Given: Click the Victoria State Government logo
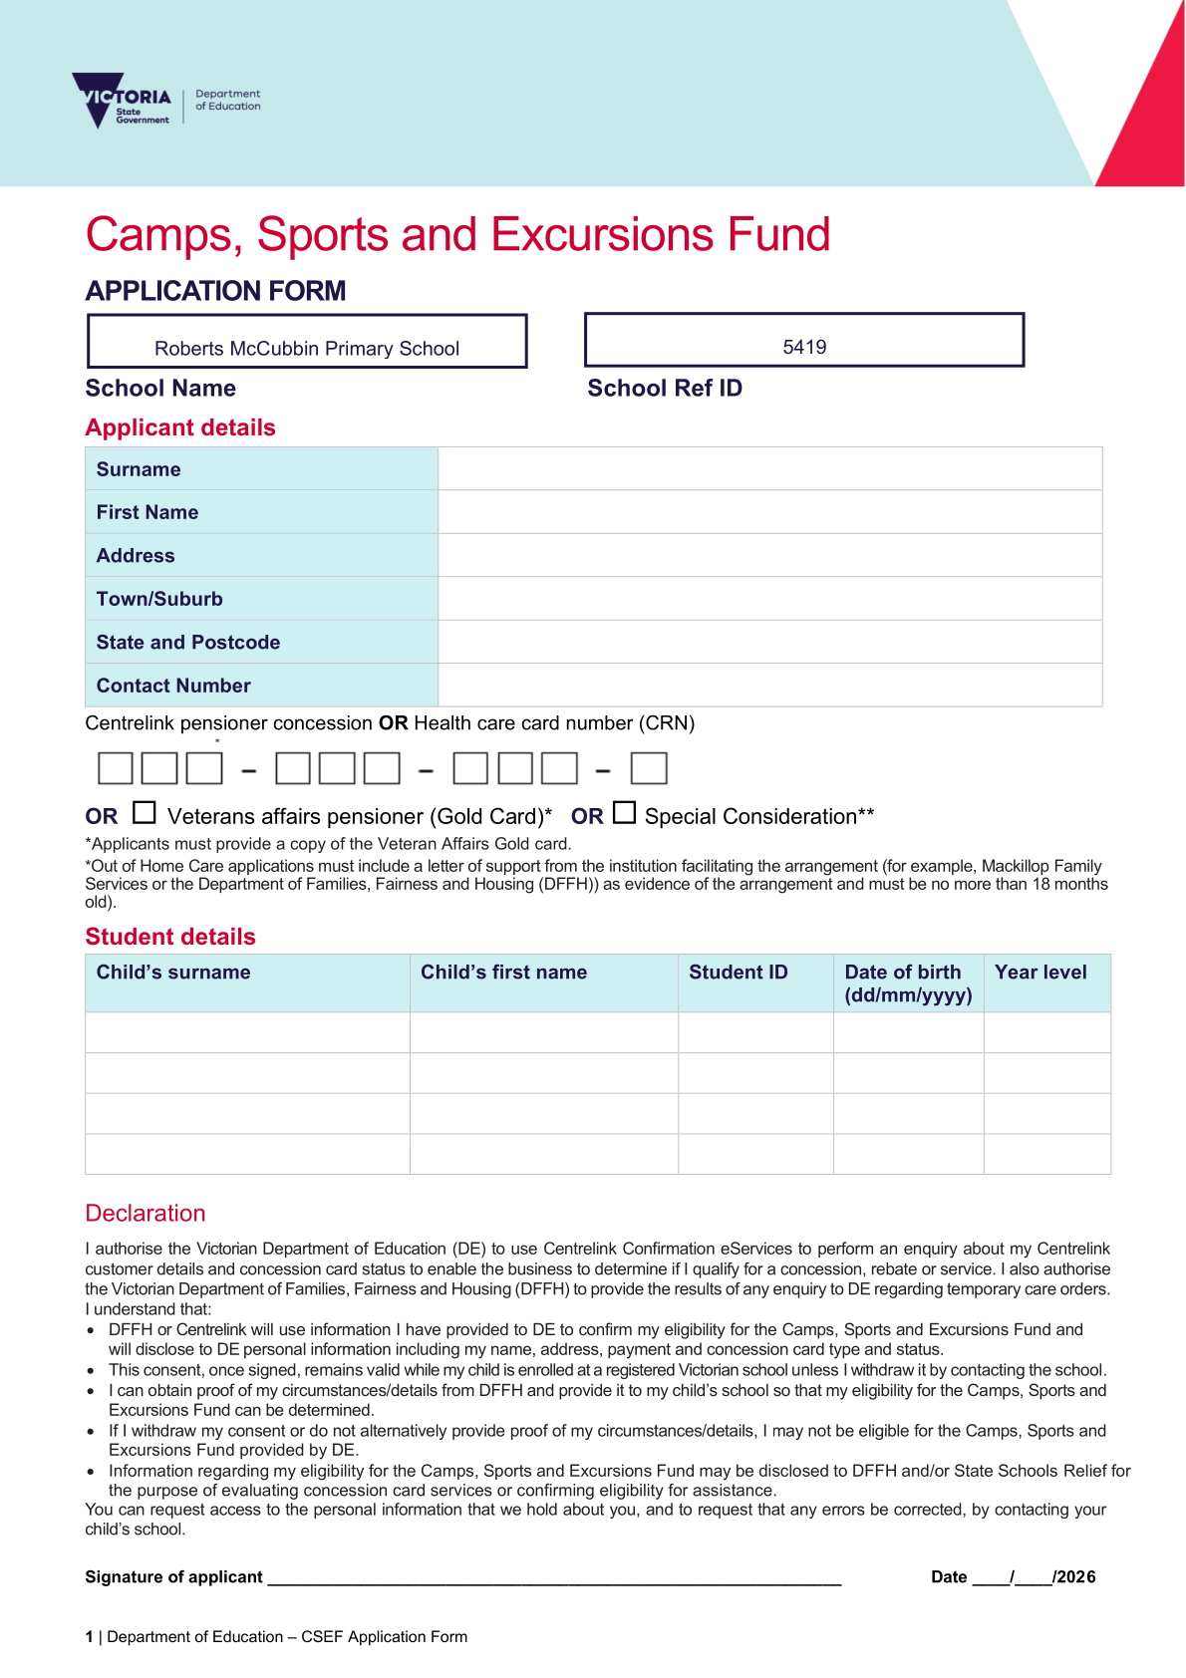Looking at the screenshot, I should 123,100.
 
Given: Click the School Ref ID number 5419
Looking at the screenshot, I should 804,347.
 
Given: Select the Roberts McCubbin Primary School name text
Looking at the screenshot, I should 307,349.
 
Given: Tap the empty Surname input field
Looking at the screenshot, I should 769,469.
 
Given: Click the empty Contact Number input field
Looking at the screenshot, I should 769,686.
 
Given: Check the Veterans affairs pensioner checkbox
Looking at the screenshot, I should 145,813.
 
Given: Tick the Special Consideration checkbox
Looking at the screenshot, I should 625,813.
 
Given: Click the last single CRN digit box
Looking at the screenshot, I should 649,768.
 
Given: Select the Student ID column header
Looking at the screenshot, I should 738,973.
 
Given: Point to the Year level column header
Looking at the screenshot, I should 1040,973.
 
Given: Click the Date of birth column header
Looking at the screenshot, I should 907,982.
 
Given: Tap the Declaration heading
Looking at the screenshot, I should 146,1213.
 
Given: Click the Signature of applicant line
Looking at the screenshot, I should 554,1576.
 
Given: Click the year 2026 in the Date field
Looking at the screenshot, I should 1077,1576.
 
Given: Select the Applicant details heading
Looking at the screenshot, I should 180,427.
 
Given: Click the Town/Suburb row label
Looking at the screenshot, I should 159,599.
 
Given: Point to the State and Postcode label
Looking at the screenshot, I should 188,643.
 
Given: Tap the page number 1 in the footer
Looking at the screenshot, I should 90,1636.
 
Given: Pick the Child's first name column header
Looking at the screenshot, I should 503,973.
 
